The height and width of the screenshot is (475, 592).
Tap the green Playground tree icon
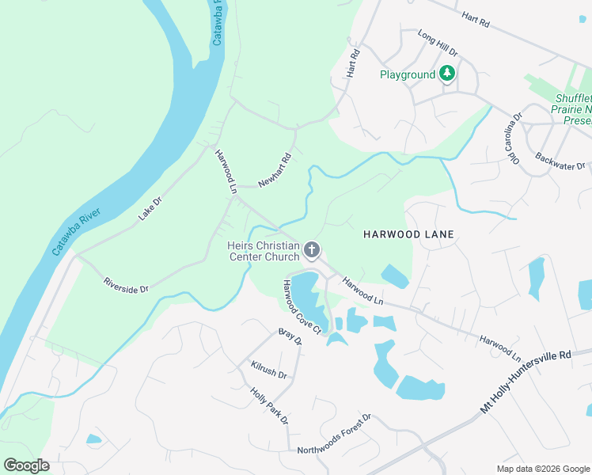pos(448,74)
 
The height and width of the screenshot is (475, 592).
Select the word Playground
pos(408,74)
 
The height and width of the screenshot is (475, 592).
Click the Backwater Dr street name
pos(560,160)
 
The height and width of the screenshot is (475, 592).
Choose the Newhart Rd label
pos(275,167)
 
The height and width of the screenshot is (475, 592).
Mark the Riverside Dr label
pos(126,285)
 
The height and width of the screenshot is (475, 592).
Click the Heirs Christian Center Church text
pos(264,251)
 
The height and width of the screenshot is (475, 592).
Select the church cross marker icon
pos(313,251)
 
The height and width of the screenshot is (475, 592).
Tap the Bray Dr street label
pos(290,338)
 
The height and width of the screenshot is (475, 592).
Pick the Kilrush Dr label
pos(268,370)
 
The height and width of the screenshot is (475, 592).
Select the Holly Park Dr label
pos(269,406)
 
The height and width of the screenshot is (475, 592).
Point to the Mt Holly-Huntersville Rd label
pos(526,382)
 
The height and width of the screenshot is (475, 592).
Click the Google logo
pos(26,465)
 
